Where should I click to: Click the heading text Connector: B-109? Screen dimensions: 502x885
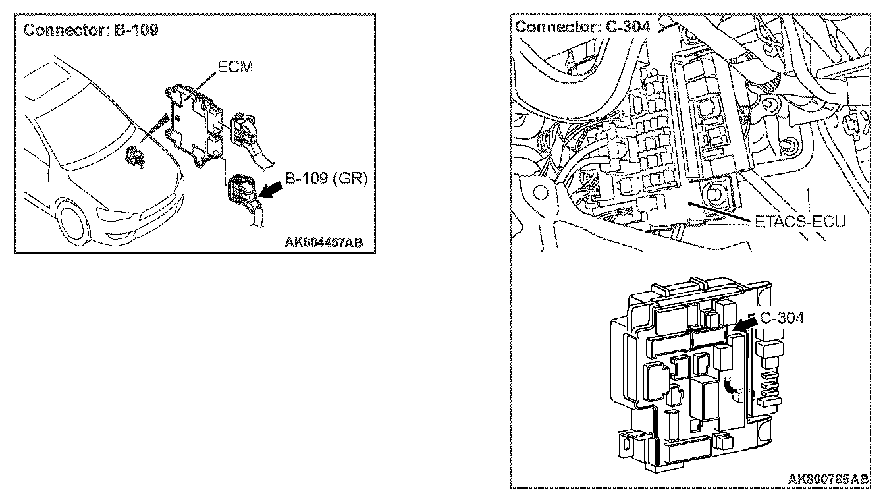(91, 30)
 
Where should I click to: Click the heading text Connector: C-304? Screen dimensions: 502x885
(583, 26)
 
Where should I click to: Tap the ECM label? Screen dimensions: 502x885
(234, 68)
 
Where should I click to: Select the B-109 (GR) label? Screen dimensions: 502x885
(326, 179)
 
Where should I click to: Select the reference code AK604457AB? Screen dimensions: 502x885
(323, 242)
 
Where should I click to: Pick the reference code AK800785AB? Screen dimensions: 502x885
(828, 479)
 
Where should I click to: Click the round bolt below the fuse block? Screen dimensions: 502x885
(713, 194)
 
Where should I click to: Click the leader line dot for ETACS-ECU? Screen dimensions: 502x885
(688, 204)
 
